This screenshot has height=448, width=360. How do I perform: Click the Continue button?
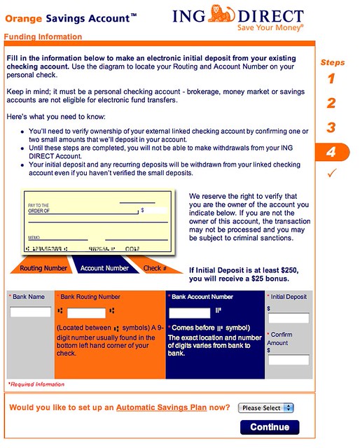[269, 427]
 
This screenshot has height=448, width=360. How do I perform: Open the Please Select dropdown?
[266, 407]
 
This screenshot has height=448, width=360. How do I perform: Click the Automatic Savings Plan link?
[161, 407]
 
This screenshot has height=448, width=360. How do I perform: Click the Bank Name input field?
[30, 312]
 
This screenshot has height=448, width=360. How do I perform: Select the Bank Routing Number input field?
[86, 313]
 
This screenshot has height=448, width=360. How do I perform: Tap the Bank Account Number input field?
[190, 312]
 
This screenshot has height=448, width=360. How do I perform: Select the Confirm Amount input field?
[288, 360]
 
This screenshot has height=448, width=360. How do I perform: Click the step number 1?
[331, 78]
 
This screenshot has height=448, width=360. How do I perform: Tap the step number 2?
[331, 104]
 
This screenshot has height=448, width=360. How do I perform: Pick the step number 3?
[331, 128]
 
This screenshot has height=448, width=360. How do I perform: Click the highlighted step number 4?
[331, 153]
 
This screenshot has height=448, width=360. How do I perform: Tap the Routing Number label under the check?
[43, 267]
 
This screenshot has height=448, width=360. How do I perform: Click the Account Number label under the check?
[105, 267]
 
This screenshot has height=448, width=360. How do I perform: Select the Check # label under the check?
[155, 267]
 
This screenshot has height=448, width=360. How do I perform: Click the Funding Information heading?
[43, 36]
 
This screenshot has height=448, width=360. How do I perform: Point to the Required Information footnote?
[36, 384]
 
